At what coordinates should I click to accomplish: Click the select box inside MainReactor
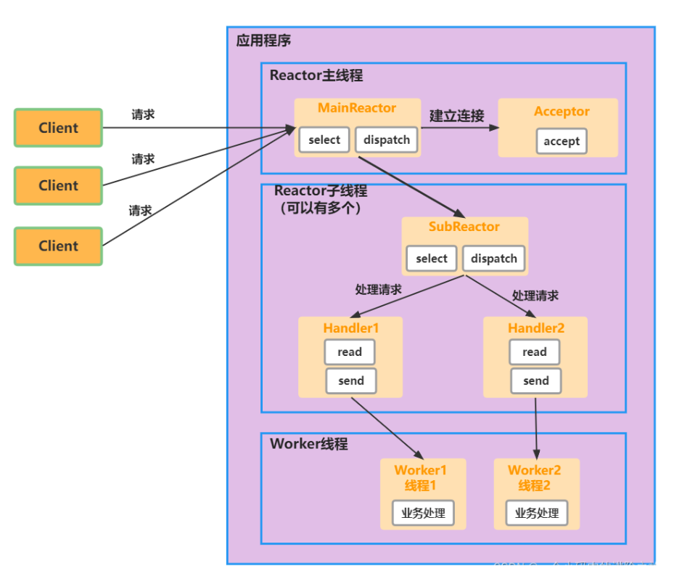click(324, 140)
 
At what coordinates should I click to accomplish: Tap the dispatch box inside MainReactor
click(387, 140)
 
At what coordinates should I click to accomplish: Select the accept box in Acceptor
click(562, 142)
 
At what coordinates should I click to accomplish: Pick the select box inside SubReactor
click(432, 259)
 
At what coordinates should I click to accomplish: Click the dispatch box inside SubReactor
click(493, 259)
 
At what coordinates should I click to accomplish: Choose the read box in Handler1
click(350, 352)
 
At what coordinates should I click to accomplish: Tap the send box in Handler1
click(351, 381)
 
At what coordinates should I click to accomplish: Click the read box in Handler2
click(535, 352)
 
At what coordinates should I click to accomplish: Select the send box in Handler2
click(536, 381)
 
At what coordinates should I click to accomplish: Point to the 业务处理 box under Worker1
click(424, 513)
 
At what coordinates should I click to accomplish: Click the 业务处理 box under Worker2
click(537, 513)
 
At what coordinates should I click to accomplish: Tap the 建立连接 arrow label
click(457, 115)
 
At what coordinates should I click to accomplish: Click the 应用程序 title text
click(263, 41)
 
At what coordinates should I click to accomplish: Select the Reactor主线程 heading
click(316, 76)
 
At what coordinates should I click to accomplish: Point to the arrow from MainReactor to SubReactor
click(411, 185)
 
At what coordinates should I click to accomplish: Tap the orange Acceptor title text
click(562, 112)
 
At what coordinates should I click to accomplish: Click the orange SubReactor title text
click(464, 227)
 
